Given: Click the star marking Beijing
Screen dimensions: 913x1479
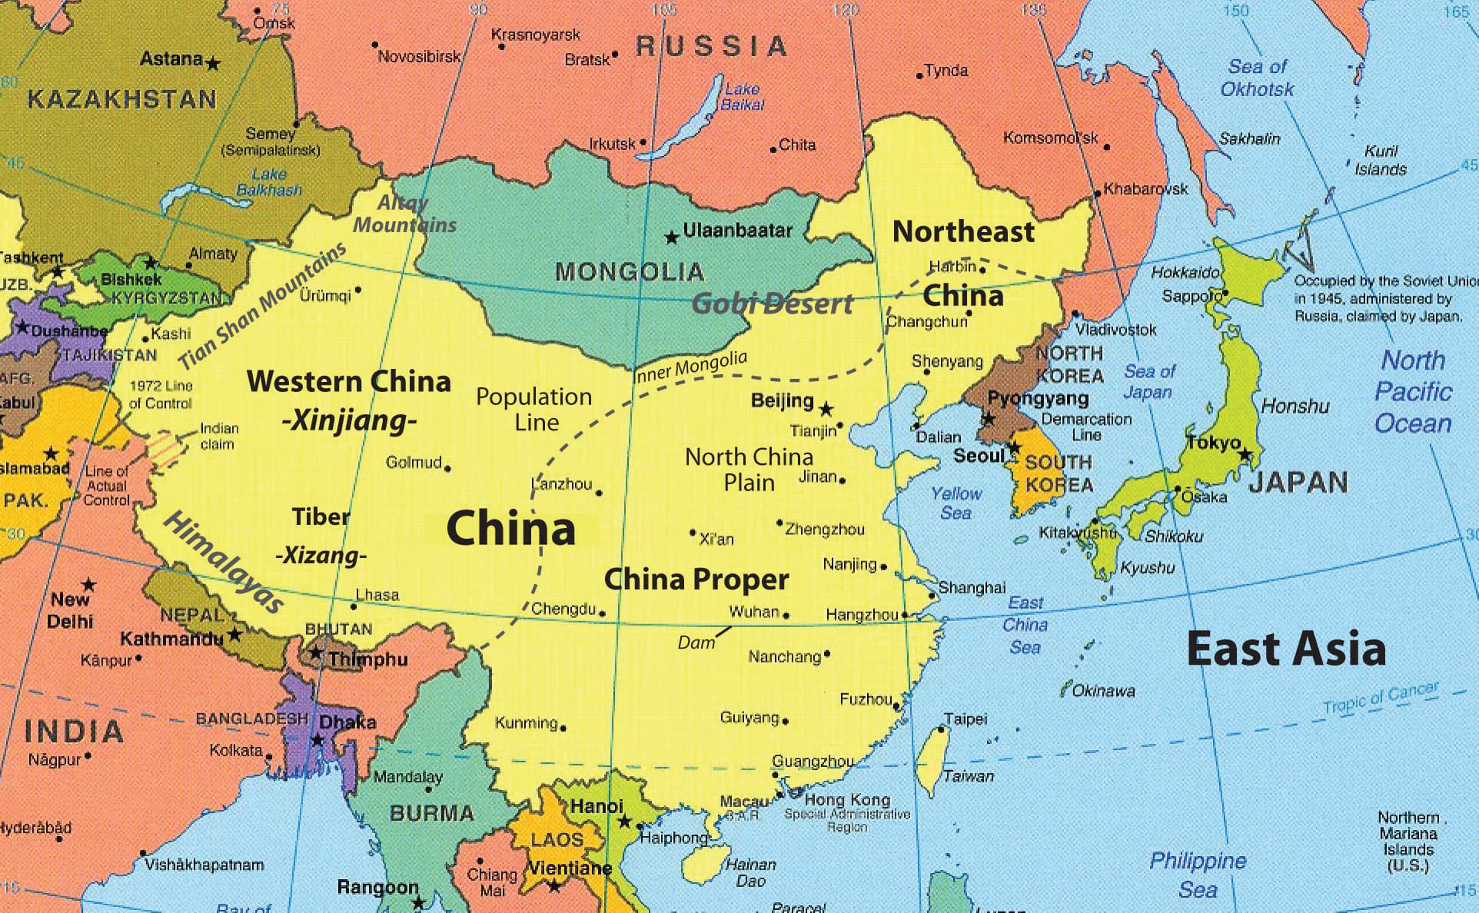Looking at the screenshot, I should tap(826, 409).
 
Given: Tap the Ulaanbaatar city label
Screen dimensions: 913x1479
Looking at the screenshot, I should tap(737, 230).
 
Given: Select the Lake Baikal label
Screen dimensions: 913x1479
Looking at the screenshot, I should tap(742, 97).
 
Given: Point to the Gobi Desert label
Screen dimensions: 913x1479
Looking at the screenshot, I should tap(773, 304).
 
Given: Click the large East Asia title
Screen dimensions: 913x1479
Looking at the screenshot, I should tap(1286, 649).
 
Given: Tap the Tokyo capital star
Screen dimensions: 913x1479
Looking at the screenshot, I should tap(1245, 454).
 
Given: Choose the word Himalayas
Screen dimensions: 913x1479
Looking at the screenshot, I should tap(224, 563).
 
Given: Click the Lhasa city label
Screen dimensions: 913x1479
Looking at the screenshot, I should tap(377, 595).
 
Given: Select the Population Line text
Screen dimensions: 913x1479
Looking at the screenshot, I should tap(533, 409).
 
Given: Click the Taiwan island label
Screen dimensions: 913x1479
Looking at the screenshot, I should tap(969, 776).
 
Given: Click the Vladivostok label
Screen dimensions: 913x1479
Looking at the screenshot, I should tap(1115, 330).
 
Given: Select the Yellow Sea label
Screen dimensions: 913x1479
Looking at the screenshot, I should tap(956, 503).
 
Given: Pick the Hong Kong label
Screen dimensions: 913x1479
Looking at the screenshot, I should tap(847, 799).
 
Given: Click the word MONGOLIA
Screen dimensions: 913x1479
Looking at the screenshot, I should tap(629, 271).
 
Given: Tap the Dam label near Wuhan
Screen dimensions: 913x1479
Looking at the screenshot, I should tap(695, 642).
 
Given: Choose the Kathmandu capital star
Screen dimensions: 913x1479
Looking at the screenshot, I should tap(234, 635).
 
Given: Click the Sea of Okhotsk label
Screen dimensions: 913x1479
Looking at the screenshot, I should tap(1257, 78).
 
